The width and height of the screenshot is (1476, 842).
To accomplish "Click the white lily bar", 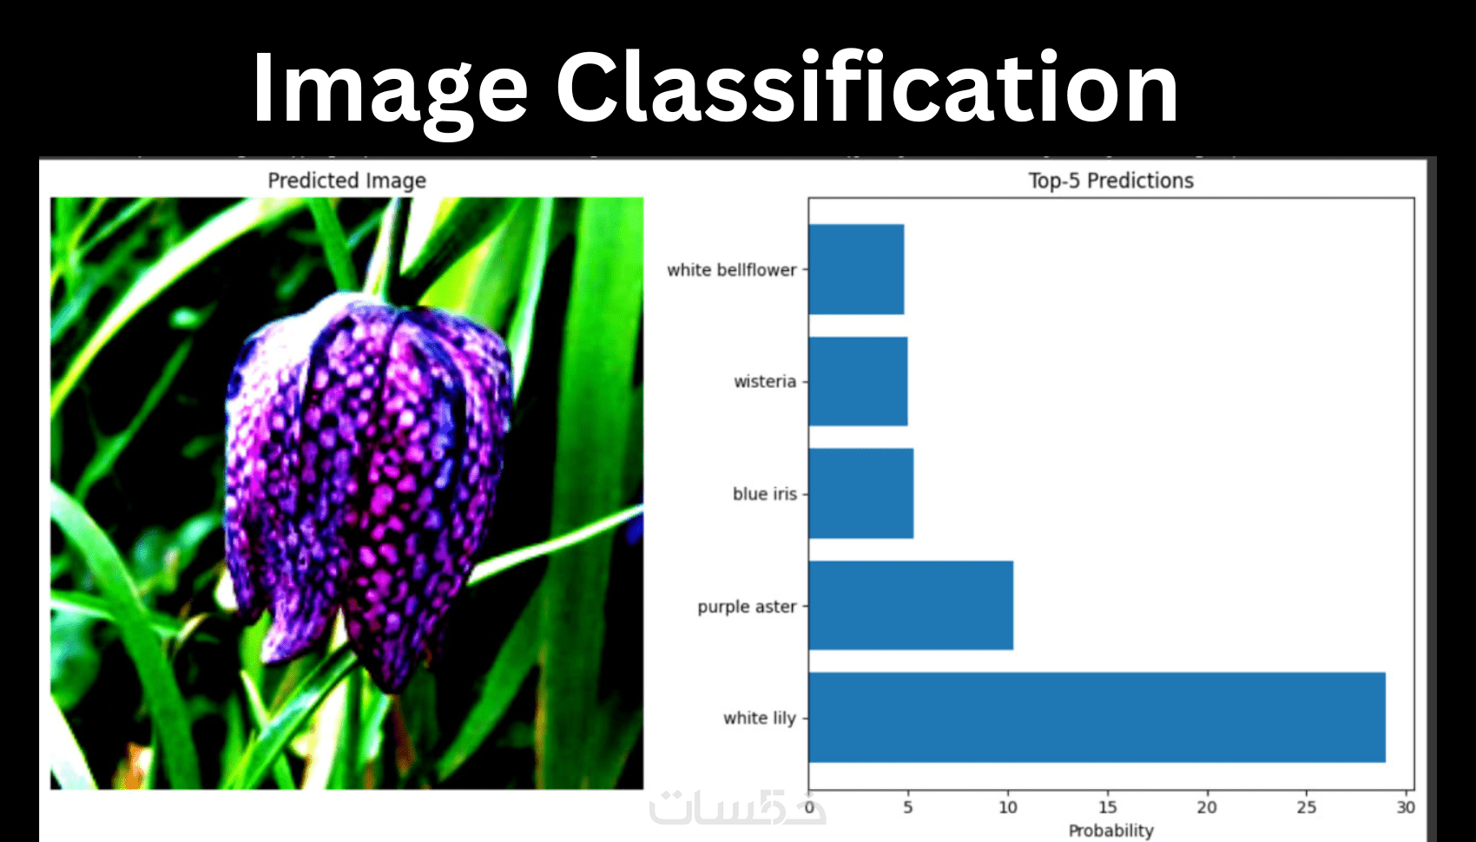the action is tap(1097, 718).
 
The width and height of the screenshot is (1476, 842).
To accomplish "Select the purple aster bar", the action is tap(912, 606).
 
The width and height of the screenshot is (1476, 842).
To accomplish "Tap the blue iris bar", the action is tap(861, 493).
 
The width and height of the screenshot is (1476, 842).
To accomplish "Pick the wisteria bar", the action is tap(859, 381).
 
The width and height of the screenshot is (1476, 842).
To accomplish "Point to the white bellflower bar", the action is tap(857, 269).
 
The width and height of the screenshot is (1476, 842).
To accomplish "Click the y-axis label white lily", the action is tap(760, 718).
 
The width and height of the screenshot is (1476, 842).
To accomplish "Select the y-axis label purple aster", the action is tap(748, 607).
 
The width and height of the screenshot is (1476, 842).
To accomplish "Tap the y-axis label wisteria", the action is tap(765, 381).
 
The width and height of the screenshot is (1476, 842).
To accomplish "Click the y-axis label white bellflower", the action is tap(732, 269).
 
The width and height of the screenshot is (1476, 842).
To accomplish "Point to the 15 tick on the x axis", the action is tap(1108, 807).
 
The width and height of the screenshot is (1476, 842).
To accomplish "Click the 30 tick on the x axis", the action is tap(1406, 807).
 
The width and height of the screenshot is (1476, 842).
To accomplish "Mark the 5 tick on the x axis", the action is tap(908, 807).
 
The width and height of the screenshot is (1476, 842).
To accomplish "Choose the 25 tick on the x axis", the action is tap(1307, 807).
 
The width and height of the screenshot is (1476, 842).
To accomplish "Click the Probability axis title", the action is tap(1111, 831).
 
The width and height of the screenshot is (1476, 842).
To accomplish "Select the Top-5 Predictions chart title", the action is tap(1111, 181).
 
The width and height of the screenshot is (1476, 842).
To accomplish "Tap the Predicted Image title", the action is tap(346, 181).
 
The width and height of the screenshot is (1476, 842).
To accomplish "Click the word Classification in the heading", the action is tap(867, 87).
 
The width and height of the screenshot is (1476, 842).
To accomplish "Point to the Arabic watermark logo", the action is tap(736, 806).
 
